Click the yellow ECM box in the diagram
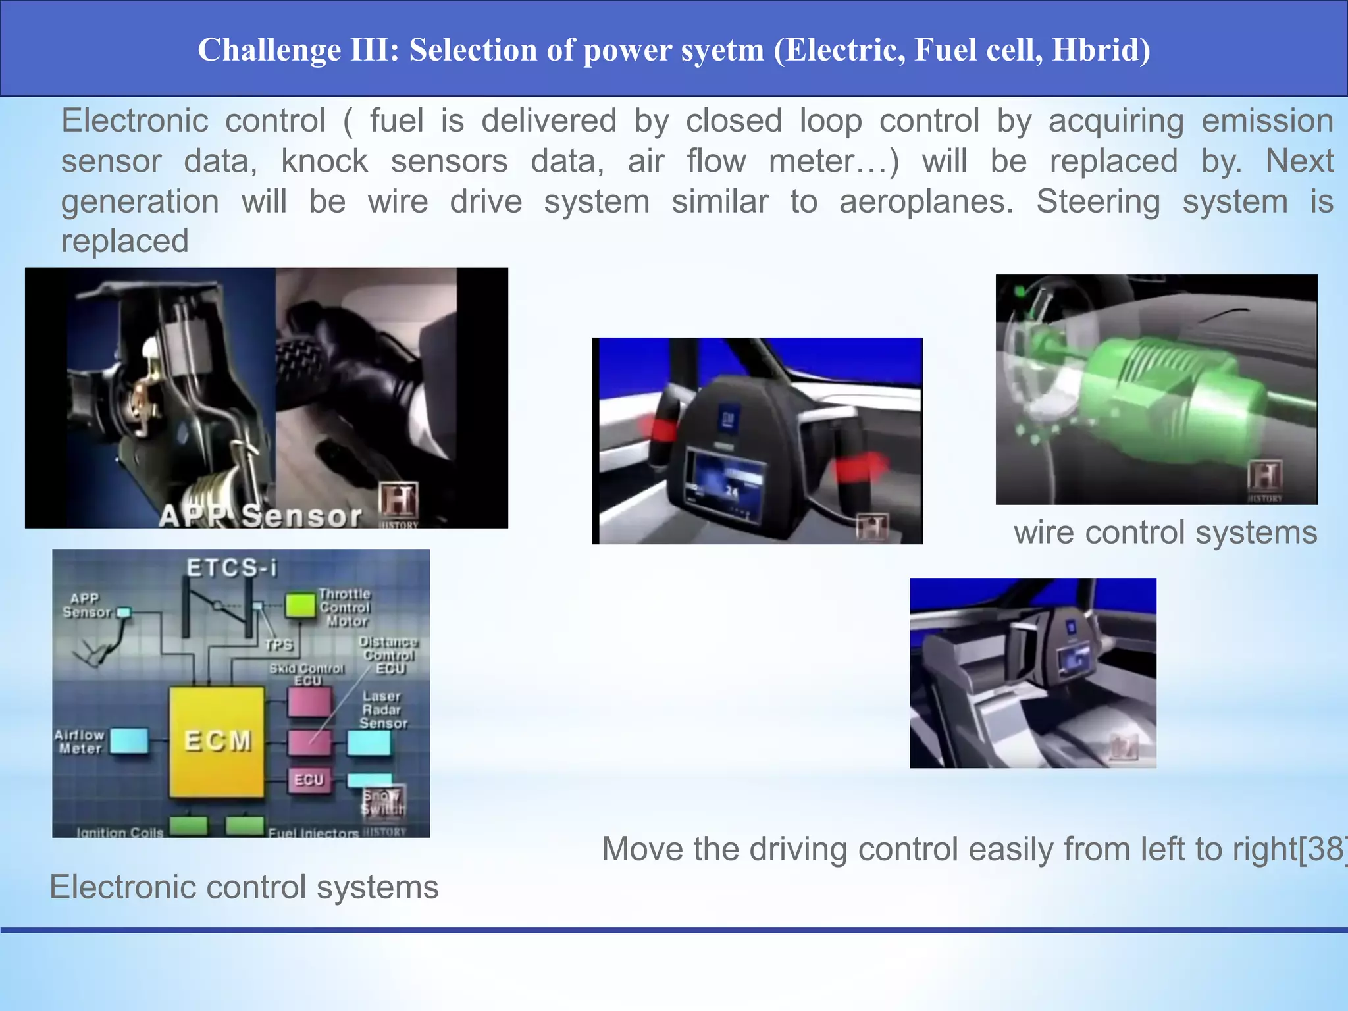[x=217, y=742]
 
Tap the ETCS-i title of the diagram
[x=232, y=568]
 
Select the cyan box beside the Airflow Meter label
[x=129, y=741]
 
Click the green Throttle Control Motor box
[x=300, y=606]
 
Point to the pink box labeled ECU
[x=309, y=780]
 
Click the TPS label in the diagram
[x=279, y=645]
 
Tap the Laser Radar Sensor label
[x=383, y=710]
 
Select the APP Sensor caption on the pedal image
[x=261, y=516]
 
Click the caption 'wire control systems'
[x=1165, y=532]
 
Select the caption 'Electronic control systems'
[x=244, y=887]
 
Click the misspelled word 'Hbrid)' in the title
[x=1101, y=51]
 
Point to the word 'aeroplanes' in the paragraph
[x=925, y=202]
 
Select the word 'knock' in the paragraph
[x=324, y=162]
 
